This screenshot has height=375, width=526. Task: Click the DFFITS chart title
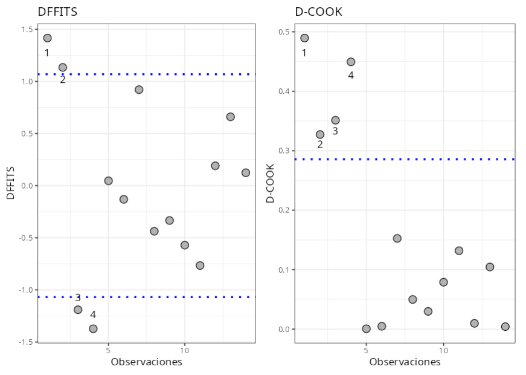click(57, 11)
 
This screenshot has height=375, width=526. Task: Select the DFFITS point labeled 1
click(47, 38)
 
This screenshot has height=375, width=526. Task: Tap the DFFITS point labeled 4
click(93, 328)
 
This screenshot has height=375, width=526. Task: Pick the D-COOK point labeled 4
click(351, 62)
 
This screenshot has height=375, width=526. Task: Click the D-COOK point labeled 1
click(304, 38)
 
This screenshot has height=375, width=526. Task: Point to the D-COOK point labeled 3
click(335, 120)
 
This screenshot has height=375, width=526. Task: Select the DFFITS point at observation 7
click(139, 90)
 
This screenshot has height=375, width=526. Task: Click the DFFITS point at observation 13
click(230, 117)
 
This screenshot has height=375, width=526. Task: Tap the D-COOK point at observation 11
click(459, 250)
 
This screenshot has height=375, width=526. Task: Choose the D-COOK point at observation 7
click(397, 238)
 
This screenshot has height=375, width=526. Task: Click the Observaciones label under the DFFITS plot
click(146, 362)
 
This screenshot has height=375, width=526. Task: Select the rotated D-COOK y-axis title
click(270, 183)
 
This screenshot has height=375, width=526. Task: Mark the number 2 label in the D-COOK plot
click(320, 145)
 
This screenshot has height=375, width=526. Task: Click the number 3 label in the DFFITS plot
click(78, 298)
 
